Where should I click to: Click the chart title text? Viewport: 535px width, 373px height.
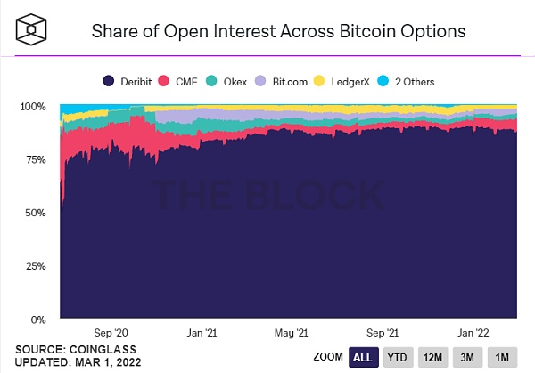click(x=278, y=31)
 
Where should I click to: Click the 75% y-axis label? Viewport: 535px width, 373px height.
click(x=35, y=159)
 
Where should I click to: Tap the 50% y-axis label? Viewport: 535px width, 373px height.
click(x=35, y=213)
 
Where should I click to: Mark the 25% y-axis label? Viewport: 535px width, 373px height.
click(x=35, y=266)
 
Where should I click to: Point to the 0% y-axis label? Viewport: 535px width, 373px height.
click(x=38, y=319)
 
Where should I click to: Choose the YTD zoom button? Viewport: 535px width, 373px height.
click(x=398, y=356)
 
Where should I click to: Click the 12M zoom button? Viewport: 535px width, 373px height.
click(x=433, y=356)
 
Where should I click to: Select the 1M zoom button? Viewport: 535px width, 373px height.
click(x=503, y=356)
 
